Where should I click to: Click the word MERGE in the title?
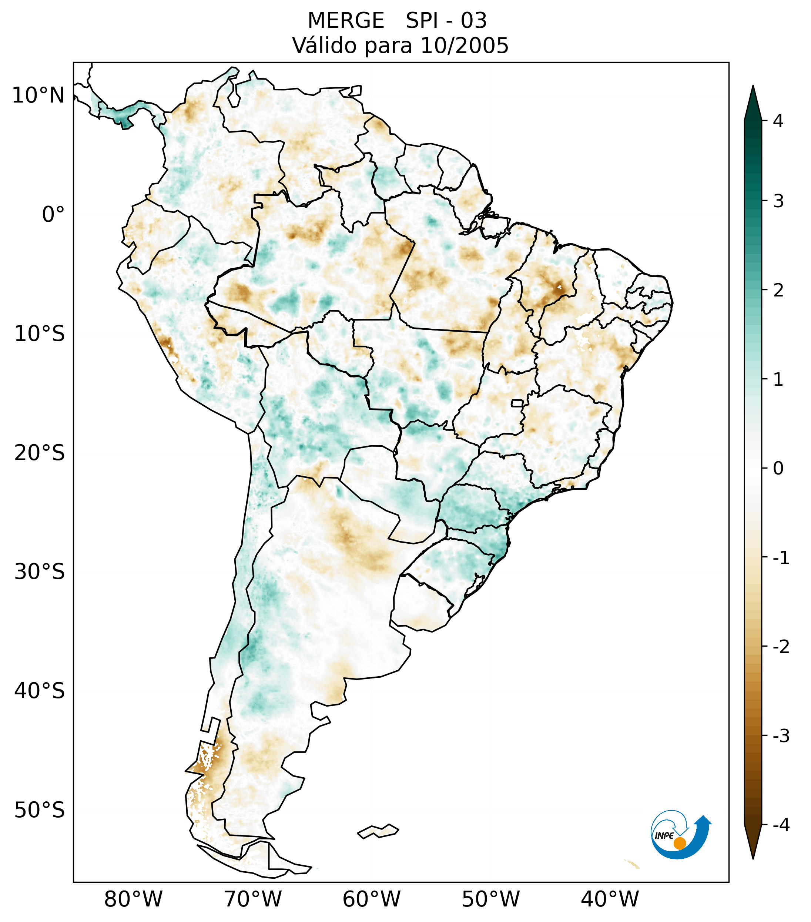click(x=346, y=21)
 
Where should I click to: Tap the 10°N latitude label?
click(x=38, y=95)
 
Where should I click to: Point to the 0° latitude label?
click(x=53, y=215)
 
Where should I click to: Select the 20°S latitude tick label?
click(x=40, y=453)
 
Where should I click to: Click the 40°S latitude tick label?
click(x=40, y=691)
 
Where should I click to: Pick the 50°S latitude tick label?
click(x=40, y=810)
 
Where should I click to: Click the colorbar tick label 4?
click(x=778, y=121)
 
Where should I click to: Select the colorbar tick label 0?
click(x=778, y=468)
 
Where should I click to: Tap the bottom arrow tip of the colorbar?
click(x=753, y=858)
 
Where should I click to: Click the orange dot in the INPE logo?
click(x=680, y=843)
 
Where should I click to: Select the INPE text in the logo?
click(x=664, y=836)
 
